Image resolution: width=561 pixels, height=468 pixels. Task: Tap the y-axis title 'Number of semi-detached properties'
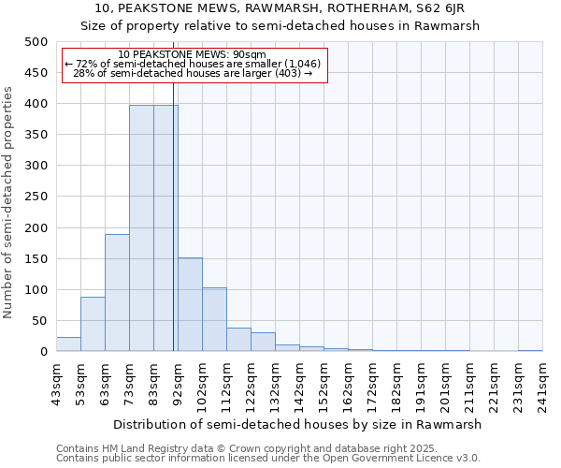point(8,202)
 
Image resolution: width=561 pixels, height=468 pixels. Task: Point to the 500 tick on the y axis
point(36,42)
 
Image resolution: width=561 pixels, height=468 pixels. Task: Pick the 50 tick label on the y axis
point(40,321)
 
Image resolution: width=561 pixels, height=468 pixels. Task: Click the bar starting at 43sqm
point(68,344)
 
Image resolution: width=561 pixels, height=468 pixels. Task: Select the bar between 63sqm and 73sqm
point(117,293)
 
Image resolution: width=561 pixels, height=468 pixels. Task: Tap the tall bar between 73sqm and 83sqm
point(141,228)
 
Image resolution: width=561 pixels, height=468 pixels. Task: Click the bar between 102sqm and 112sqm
point(214,319)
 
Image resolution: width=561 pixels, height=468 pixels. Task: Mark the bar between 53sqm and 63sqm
point(93,324)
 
